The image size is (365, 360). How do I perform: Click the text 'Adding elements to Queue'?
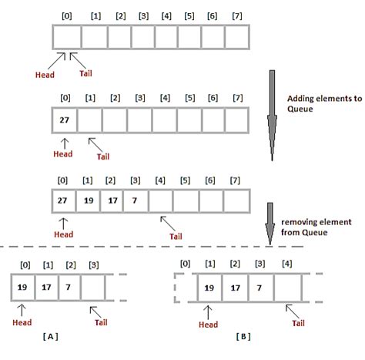click(x=315, y=104)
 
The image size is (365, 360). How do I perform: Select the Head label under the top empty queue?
click(x=45, y=75)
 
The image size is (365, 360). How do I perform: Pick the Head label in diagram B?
click(x=209, y=324)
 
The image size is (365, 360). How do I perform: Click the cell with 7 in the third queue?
click(x=136, y=200)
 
